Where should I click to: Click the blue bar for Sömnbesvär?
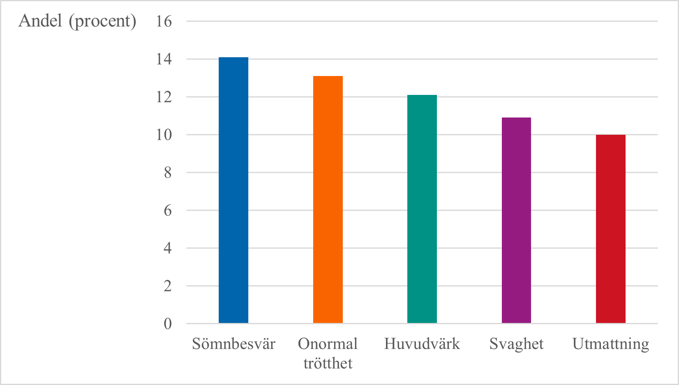coord(233,190)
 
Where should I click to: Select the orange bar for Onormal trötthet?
coord(328,199)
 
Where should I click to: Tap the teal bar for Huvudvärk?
coord(422,209)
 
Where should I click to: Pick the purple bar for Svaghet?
coord(516,220)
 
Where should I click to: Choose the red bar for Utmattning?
coord(610,229)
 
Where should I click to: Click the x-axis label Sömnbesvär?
coord(233,344)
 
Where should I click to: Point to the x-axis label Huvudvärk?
coord(422,344)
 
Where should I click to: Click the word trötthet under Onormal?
coord(328,363)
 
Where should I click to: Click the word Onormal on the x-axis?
coord(328,344)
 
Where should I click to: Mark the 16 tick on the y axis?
coord(164,21)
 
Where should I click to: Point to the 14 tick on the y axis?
coord(164,59)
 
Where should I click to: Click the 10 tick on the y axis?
coord(164,135)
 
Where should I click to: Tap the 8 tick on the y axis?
coord(167,173)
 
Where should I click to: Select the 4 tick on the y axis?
coord(167,248)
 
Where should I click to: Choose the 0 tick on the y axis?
coord(167,324)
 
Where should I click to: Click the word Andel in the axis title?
coord(40,21)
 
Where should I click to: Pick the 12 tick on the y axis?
coord(164,97)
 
